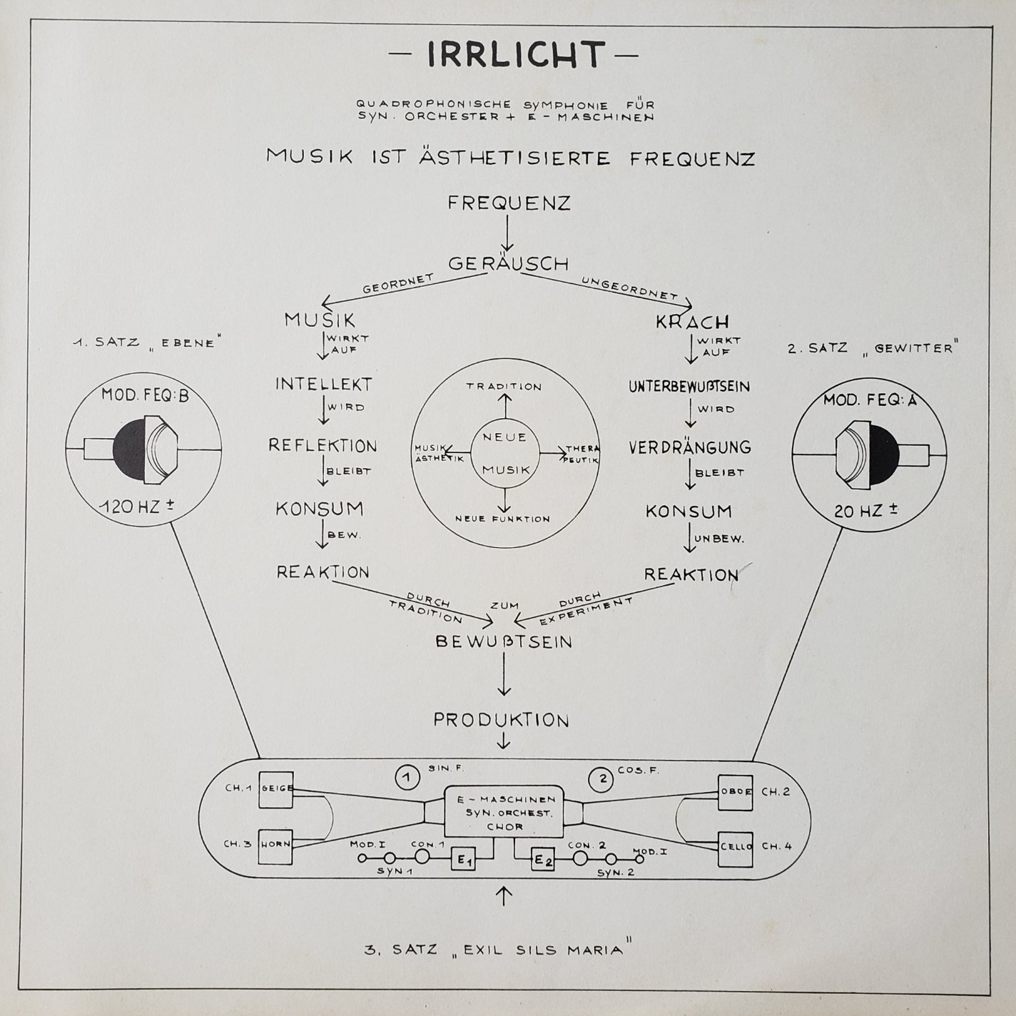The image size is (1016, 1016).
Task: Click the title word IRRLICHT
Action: click(515, 54)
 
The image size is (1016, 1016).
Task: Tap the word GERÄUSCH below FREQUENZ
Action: click(508, 263)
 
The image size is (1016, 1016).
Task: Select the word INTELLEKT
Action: click(324, 385)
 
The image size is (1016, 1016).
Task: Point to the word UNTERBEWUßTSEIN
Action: click(689, 387)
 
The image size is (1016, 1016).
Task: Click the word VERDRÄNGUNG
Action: click(690, 447)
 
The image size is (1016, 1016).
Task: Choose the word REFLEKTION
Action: click(322, 446)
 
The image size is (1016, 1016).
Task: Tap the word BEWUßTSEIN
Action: click(504, 641)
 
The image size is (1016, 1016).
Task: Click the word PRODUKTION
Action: click(502, 720)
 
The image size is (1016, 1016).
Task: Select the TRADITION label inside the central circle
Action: click(504, 387)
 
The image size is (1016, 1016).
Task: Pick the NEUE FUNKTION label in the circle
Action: click(503, 519)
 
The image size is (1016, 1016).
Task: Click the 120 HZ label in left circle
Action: click(136, 507)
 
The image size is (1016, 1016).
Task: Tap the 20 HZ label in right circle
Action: click(866, 511)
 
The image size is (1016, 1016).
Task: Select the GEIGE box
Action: click(276, 789)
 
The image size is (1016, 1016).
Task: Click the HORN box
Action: click(275, 845)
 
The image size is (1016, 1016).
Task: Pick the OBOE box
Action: click(736, 792)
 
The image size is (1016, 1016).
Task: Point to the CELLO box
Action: click(736, 848)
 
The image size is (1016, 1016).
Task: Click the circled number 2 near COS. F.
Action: click(603, 778)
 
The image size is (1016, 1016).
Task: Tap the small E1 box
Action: click(464, 860)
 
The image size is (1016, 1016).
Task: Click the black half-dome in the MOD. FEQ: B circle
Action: click(129, 449)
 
